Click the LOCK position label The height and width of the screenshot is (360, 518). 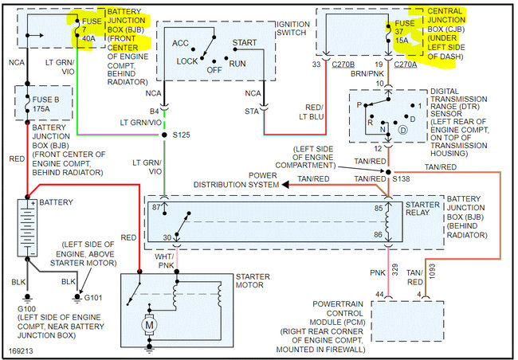click(187, 61)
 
